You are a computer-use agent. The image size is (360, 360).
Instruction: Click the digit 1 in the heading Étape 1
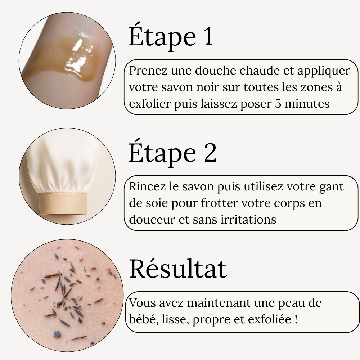208,37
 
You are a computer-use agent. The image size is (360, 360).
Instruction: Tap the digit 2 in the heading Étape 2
210,153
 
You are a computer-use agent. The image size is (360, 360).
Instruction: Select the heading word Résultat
178,269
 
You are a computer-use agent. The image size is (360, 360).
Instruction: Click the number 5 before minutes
278,104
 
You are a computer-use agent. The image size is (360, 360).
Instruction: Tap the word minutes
307,104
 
